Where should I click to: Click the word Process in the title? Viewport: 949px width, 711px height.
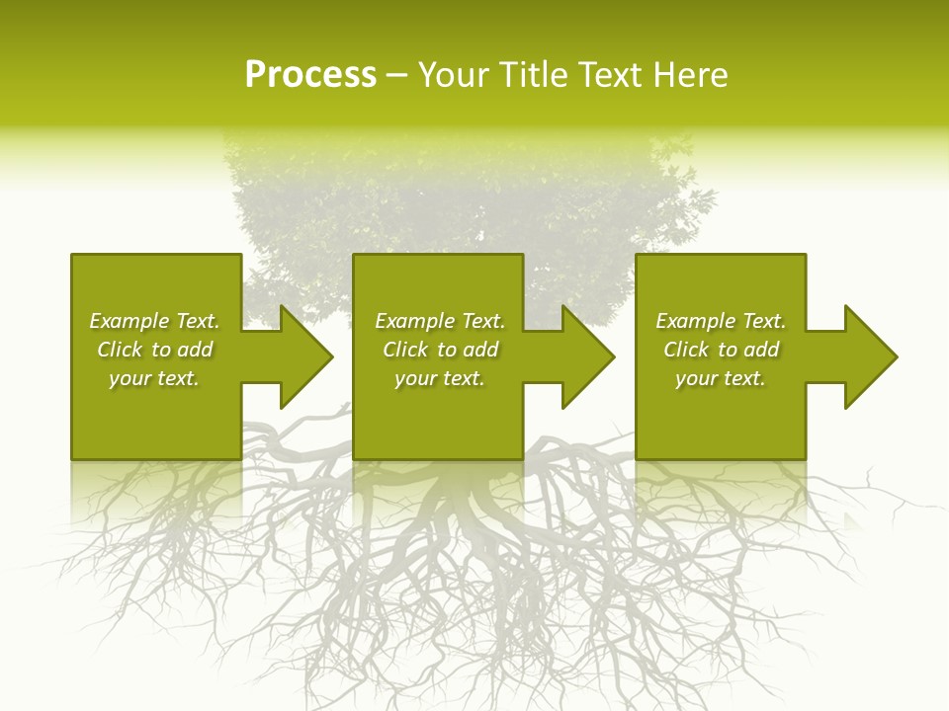point(310,75)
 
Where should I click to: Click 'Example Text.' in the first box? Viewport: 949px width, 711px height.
point(154,321)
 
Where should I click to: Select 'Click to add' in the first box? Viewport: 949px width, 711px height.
point(155,350)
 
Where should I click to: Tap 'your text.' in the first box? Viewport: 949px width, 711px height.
point(154,378)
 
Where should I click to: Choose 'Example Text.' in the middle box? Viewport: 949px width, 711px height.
point(440,321)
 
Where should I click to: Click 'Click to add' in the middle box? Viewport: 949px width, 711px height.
point(441,350)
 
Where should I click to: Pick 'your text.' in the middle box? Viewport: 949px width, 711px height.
point(440,378)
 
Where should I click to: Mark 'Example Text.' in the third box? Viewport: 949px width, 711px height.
point(721,321)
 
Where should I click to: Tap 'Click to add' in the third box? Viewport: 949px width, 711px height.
point(722,350)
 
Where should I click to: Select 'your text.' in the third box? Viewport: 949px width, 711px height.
point(721,378)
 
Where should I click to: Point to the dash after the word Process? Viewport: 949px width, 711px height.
point(395,76)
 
